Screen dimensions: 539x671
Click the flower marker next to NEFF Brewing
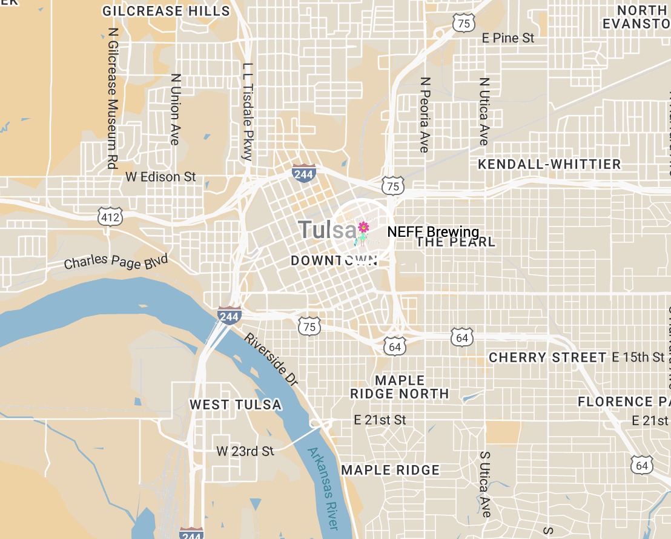363,228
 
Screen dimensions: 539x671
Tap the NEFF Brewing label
433,232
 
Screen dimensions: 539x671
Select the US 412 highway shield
111,215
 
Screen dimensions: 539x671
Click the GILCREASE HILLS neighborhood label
166,11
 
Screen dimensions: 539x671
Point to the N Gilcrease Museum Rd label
111,98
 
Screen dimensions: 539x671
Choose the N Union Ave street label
176,109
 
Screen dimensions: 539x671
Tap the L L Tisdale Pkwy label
247,111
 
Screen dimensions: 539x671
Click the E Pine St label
508,38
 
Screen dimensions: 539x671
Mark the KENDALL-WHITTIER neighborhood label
549,164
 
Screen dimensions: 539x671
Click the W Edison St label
160,177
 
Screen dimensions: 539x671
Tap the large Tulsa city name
328,230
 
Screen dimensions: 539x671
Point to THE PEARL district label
456,242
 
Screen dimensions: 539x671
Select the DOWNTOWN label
334,260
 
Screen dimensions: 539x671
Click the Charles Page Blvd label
116,262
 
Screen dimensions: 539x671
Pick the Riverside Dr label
272,359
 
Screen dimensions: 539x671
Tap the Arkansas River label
322,489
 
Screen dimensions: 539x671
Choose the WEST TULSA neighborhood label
236,405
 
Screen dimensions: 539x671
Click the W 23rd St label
245,451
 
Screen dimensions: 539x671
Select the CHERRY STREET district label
547,357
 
